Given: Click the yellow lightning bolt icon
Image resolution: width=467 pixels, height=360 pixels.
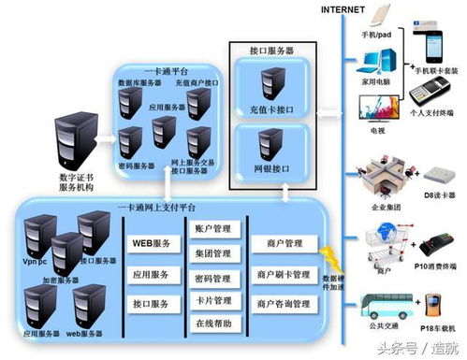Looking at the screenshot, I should point(328,256).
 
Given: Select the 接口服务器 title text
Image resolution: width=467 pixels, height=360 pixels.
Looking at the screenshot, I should point(272,50).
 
